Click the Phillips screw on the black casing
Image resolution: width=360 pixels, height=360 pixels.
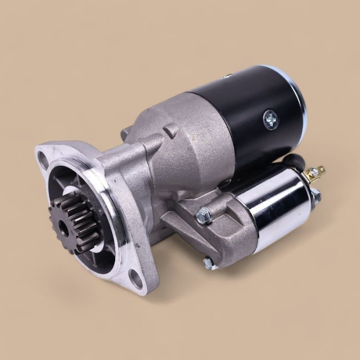click(269, 120)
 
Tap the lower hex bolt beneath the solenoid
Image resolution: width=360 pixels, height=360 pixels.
click(208, 263)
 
